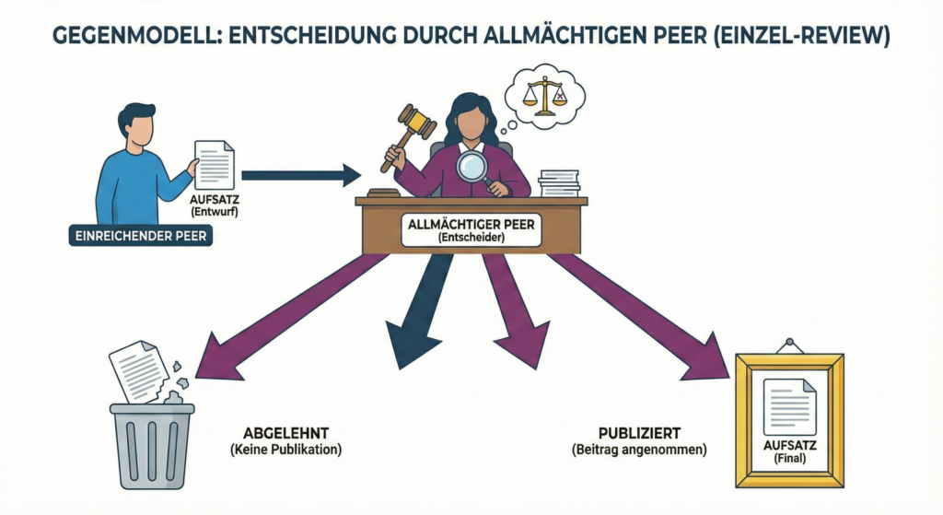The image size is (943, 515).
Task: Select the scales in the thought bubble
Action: click(x=546, y=93)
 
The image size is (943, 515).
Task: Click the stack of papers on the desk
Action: click(x=559, y=182)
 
